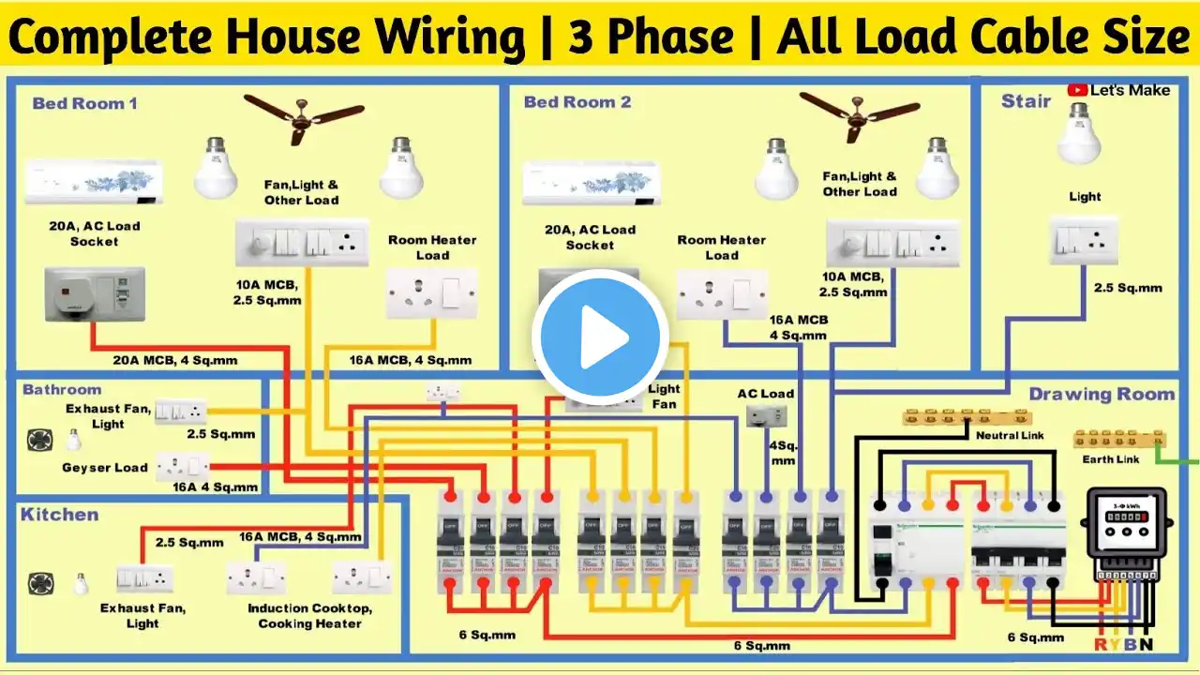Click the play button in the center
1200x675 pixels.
click(600, 337)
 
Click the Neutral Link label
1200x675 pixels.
click(1009, 436)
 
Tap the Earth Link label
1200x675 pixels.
click(1111, 459)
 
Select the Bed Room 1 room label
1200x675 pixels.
click(84, 103)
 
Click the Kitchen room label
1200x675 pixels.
click(59, 515)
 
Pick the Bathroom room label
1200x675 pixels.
click(62, 389)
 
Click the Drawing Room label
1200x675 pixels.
click(1102, 395)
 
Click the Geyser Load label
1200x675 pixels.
click(105, 468)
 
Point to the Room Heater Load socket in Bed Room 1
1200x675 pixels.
click(432, 292)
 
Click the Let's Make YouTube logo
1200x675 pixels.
click(1118, 90)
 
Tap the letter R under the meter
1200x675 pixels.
click(1100, 645)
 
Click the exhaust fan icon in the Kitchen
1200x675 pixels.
click(39, 582)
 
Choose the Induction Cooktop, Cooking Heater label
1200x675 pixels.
click(309, 616)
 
